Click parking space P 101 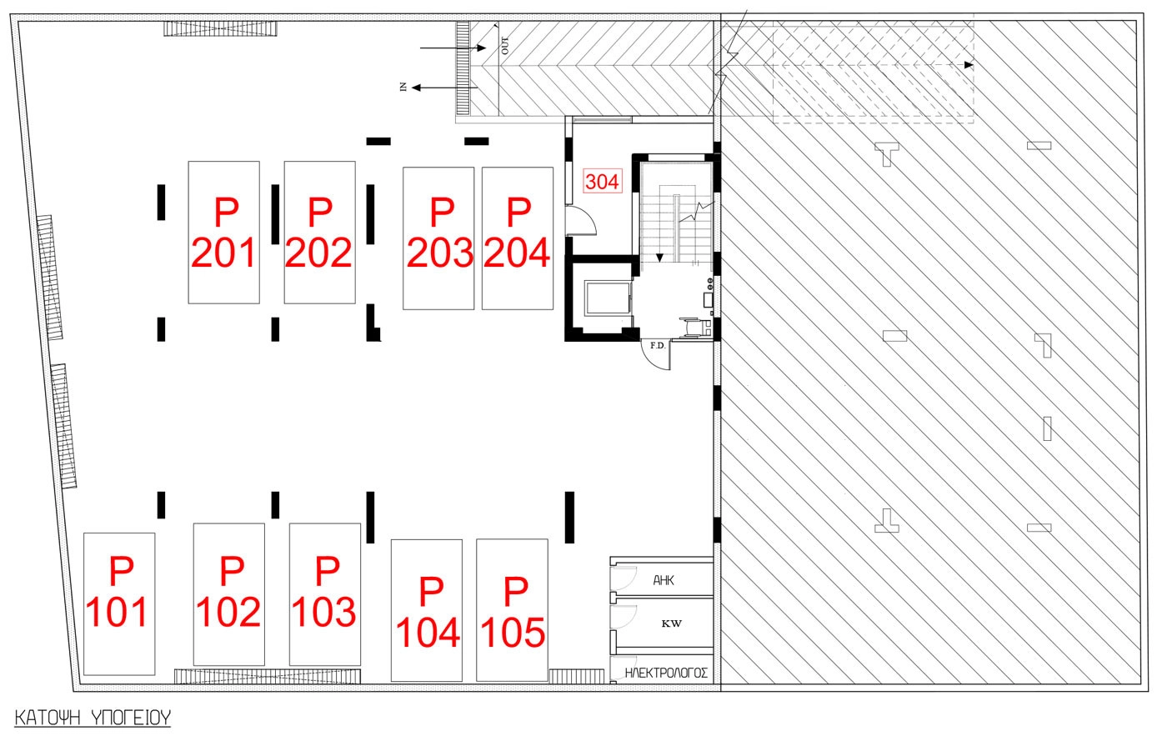click(x=119, y=603)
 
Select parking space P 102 click(x=229, y=594)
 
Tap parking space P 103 click(x=325, y=594)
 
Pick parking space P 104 click(x=427, y=610)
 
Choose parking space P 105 click(x=512, y=610)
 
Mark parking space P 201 click(x=224, y=233)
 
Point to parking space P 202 click(x=320, y=233)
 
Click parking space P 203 click(x=438, y=238)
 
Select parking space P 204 click(x=518, y=238)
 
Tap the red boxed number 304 click(x=602, y=181)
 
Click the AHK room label click(x=664, y=580)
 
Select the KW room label click(x=672, y=623)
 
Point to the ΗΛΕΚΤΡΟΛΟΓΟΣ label click(x=666, y=673)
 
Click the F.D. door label click(x=658, y=345)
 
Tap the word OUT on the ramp click(x=505, y=45)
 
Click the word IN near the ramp click(x=403, y=87)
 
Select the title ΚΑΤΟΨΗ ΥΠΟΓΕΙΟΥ click(x=93, y=718)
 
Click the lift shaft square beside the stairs click(x=608, y=298)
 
